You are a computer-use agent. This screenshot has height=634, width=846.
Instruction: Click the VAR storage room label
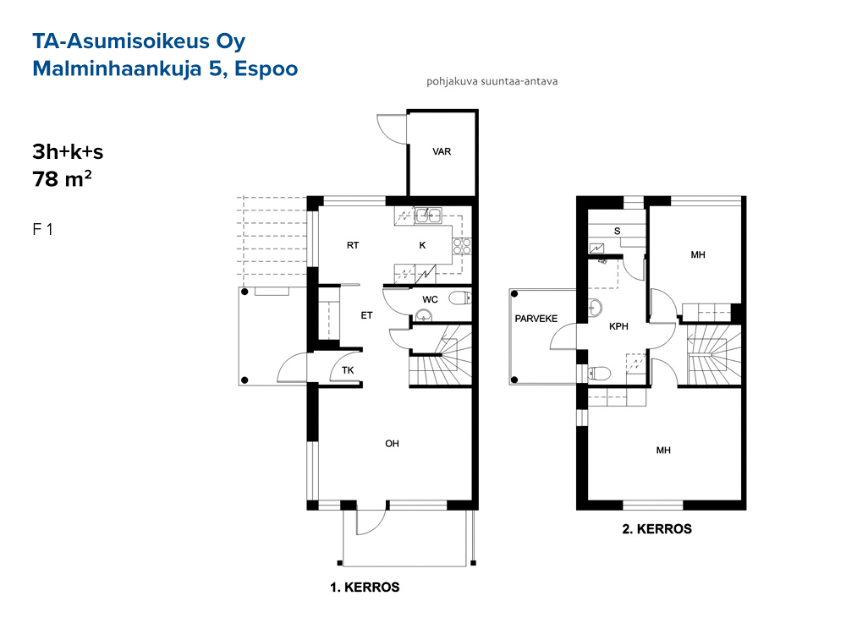coord(442,152)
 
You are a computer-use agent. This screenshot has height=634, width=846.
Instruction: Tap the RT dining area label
coord(352,245)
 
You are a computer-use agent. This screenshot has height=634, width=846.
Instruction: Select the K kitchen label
coord(422,245)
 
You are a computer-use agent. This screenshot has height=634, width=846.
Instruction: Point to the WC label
coord(430,300)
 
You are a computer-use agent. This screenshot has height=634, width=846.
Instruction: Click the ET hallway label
coord(366,315)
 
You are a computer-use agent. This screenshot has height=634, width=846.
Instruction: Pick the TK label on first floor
coord(348,370)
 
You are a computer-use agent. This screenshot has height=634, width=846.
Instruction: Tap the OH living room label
coord(392,444)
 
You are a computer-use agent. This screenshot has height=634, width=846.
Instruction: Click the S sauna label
coord(618,232)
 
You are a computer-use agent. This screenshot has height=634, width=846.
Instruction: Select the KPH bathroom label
coord(618,326)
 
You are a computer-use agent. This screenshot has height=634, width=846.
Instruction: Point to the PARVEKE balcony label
coord(536,319)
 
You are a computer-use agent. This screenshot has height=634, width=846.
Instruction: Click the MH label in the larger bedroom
coord(663,451)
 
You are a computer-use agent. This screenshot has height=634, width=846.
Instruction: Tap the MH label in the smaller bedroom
coord(698,254)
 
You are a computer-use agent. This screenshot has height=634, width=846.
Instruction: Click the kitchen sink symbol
coord(428,216)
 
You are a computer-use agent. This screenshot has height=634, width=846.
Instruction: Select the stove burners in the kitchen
coord(462,246)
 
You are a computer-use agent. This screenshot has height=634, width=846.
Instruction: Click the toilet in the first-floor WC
coord(459,298)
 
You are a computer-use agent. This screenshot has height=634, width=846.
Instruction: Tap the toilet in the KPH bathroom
coord(598,373)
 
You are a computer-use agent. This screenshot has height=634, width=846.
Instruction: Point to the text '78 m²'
coord(62,179)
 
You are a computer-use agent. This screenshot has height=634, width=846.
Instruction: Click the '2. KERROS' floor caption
coord(656,529)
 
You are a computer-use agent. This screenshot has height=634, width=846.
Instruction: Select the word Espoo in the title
coord(266,69)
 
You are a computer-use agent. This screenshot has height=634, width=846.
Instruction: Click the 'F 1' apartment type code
coord(42,230)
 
